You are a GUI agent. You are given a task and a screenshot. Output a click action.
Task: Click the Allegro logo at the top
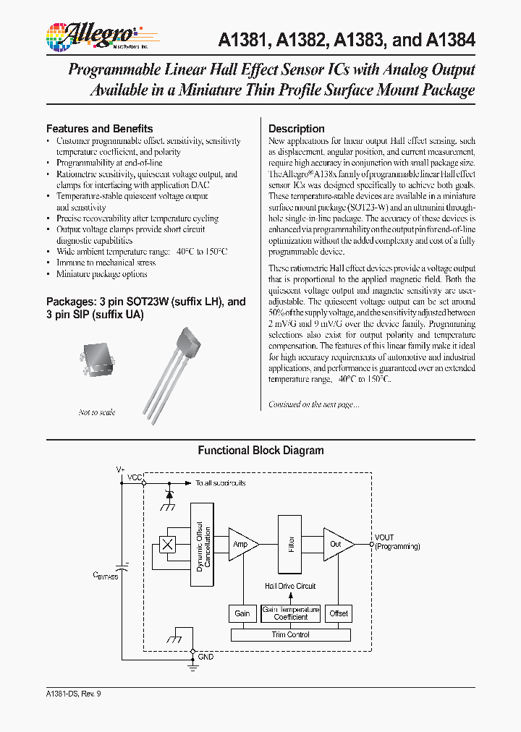point(92,35)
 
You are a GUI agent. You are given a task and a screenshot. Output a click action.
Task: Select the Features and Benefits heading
point(100,128)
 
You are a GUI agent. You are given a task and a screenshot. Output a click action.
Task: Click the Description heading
point(297,128)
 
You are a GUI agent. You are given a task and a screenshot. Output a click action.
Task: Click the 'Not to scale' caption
point(97,412)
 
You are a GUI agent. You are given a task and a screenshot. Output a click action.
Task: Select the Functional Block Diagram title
point(260,450)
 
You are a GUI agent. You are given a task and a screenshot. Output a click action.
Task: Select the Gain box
point(242,613)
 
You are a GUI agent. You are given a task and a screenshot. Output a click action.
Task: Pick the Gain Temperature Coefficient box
point(291,613)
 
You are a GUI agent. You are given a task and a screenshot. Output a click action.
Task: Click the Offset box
point(339,613)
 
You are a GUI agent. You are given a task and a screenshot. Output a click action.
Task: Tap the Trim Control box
point(290,634)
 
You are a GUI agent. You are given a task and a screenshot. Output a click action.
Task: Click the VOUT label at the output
point(385,537)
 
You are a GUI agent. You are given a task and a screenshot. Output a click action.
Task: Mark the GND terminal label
point(206,657)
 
